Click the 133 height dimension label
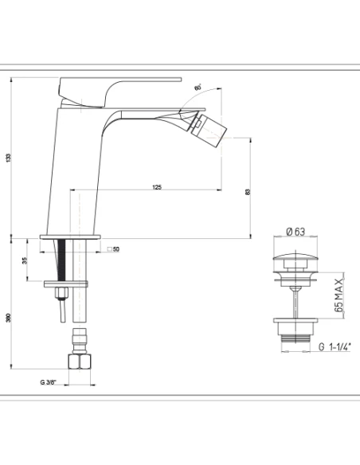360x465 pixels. [8, 158]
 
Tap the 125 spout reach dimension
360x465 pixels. [157, 187]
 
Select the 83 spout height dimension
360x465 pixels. [248, 192]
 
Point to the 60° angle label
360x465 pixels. [198, 88]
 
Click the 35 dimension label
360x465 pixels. [25, 260]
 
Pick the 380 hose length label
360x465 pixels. [8, 318]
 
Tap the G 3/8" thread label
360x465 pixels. [48, 382]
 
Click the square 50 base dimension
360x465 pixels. [113, 249]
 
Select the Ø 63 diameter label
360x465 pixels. [295, 232]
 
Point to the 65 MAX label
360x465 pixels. [338, 295]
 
